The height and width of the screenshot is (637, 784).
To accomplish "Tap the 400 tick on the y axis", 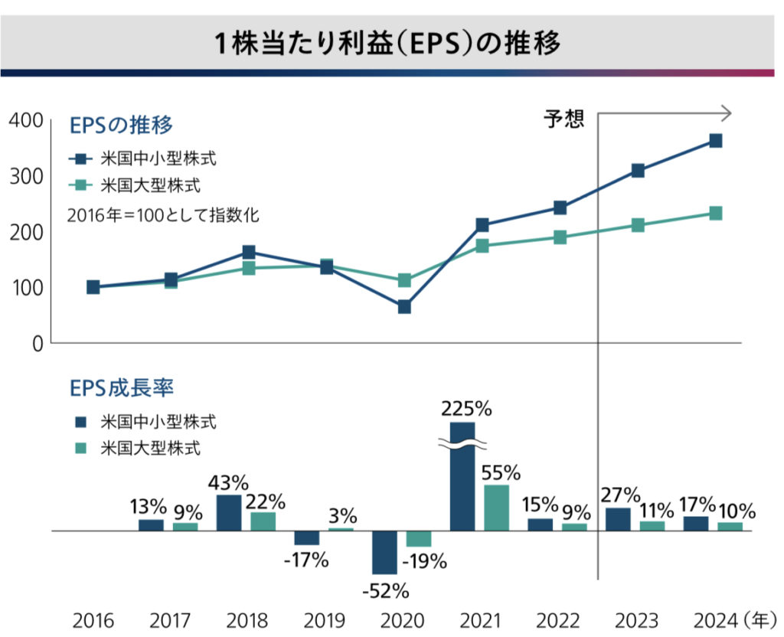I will pos(25,120).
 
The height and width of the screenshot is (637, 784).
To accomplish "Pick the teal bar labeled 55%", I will pos(496,508).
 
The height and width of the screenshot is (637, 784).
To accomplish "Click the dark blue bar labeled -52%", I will pos(384,552).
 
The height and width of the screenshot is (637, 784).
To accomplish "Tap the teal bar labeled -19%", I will pos(418,538).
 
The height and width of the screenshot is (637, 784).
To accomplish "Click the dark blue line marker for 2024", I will pos(715,141).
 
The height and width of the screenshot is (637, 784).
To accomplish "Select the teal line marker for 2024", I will pos(715,214).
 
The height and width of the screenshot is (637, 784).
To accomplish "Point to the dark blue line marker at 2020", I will pos(404,307).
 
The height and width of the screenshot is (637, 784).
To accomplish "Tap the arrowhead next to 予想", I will pos(727,114).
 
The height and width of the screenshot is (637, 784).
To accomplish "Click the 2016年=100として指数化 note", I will pos(162,215).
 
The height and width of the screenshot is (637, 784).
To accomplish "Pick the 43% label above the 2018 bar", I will pos(228,484).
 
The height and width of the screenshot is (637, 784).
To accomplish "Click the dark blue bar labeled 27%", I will pos(618,519).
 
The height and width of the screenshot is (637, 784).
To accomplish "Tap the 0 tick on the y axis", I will pos(36,344).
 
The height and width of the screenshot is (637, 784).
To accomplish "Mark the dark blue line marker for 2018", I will pos(249,253).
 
